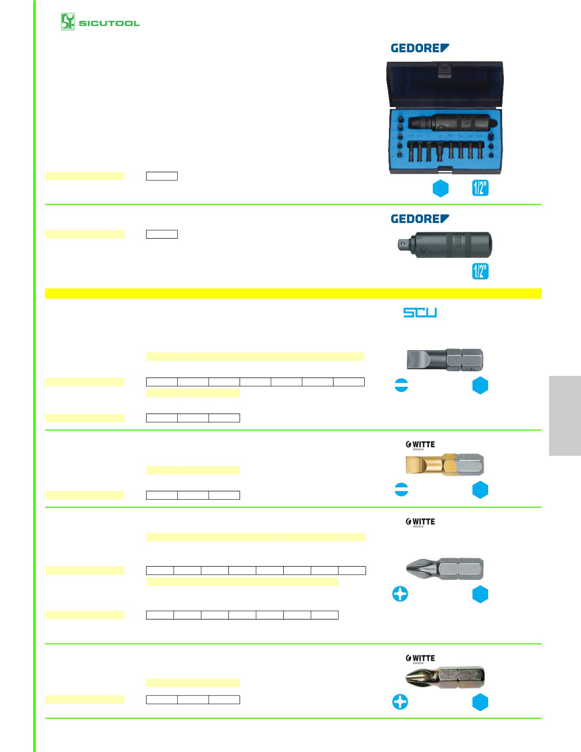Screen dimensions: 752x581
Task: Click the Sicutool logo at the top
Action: pos(100,22)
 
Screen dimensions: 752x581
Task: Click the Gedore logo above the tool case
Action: pos(420,48)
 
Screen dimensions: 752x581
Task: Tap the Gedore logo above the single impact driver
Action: pos(420,219)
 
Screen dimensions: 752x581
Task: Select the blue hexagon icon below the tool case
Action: pos(440,189)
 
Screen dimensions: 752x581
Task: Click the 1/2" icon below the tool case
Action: pos(480,188)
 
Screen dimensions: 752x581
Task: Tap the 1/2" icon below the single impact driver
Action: pos(480,272)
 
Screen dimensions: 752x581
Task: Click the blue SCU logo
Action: pos(420,313)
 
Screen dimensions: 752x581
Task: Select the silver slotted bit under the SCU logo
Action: pos(445,360)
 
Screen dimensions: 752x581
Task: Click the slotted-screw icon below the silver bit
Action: pos(401,386)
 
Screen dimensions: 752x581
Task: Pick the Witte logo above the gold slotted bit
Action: pos(420,445)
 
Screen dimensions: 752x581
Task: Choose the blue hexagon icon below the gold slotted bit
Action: pos(480,490)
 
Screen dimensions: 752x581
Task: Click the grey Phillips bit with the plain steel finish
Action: pos(445,568)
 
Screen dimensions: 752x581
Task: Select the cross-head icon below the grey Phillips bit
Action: pos(400,594)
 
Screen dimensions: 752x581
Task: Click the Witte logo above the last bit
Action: pos(420,658)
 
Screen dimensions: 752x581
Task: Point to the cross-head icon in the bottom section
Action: pos(400,702)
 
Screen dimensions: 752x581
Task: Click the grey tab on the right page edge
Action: pos(565,415)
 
